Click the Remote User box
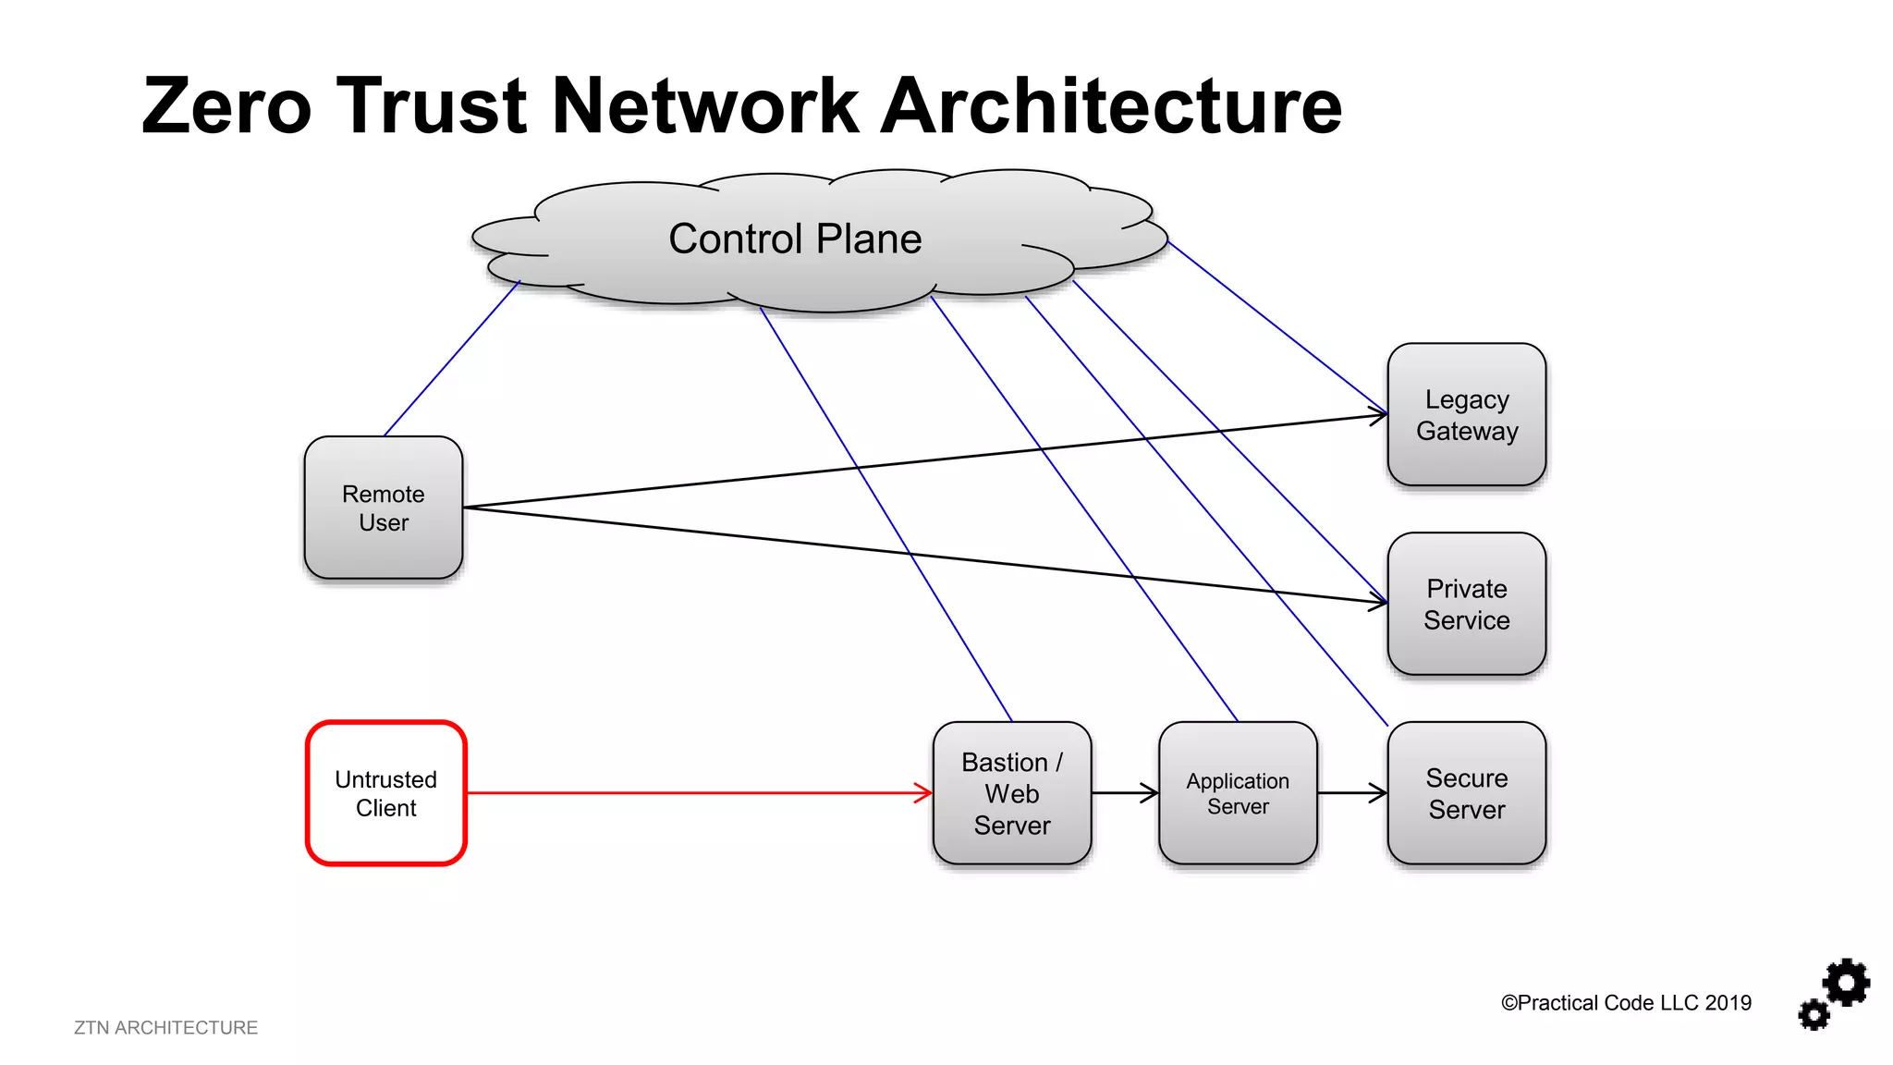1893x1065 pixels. pos(384,508)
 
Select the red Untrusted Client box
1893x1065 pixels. pos(386,793)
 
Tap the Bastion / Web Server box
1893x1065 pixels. pos(1012,793)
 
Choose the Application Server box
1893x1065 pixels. pos(1238,793)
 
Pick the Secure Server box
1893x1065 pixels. pos(1467,793)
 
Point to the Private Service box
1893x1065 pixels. pos(1467,604)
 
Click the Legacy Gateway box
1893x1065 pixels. pos(1467,414)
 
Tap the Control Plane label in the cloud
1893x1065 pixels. pos(795,239)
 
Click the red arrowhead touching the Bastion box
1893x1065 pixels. pos(924,792)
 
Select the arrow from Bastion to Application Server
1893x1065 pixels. pos(1125,792)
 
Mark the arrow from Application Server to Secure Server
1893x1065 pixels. pos(1352,792)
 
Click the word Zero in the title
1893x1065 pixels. pos(227,106)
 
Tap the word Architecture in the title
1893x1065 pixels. pos(1110,106)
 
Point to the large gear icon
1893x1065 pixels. pos(1847,983)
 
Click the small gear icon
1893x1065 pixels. pos(1814,1014)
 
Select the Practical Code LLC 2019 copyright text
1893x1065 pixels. pos(1626,1003)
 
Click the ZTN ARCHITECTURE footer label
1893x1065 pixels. pos(166,1028)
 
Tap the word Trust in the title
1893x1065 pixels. pos(432,106)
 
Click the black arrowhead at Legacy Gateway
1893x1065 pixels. pos(1380,416)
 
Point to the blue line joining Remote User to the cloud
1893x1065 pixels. pos(452,359)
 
